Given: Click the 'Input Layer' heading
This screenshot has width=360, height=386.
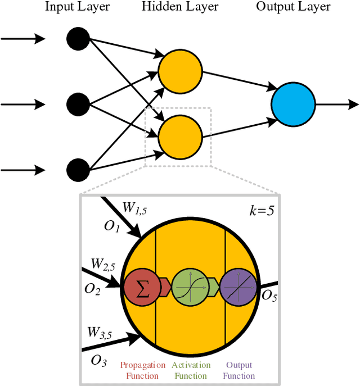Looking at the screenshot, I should (x=77, y=7).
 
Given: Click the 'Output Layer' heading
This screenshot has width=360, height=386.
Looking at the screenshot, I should (x=293, y=7).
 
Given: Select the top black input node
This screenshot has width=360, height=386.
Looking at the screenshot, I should (x=78, y=39).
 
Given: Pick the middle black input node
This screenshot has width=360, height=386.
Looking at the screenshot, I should (x=78, y=104).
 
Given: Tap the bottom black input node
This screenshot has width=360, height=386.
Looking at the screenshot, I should (x=78, y=169).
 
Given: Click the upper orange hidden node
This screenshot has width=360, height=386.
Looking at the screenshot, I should (x=179, y=71).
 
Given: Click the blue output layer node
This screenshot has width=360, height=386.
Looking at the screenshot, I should (x=292, y=104).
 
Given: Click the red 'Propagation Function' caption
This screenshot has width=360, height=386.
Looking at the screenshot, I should (x=143, y=370).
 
